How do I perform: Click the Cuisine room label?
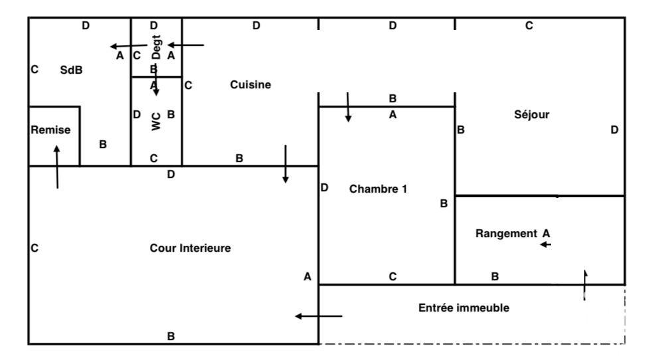click(x=250, y=84)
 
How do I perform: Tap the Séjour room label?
click(x=531, y=114)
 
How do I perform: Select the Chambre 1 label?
click(x=378, y=189)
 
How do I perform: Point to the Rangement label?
click(x=506, y=234)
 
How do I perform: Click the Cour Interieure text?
click(x=190, y=248)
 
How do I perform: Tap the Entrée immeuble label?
click(x=464, y=308)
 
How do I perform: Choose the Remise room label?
click(x=50, y=130)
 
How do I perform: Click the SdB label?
click(x=71, y=70)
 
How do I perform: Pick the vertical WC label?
click(x=156, y=122)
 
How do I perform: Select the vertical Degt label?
click(x=156, y=46)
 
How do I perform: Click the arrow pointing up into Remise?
click(x=57, y=167)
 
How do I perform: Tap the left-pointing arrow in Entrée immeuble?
click(x=319, y=316)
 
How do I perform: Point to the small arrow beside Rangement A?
click(x=546, y=244)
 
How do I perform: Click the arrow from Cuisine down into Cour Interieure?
click(x=286, y=164)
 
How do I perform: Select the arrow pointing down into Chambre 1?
click(x=348, y=108)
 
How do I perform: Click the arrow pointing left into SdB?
click(x=128, y=46)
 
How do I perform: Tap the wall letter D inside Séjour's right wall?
click(x=614, y=130)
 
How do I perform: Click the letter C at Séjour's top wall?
click(x=529, y=26)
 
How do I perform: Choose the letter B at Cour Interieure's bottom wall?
click(x=171, y=336)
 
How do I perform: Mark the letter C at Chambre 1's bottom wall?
click(x=392, y=276)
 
